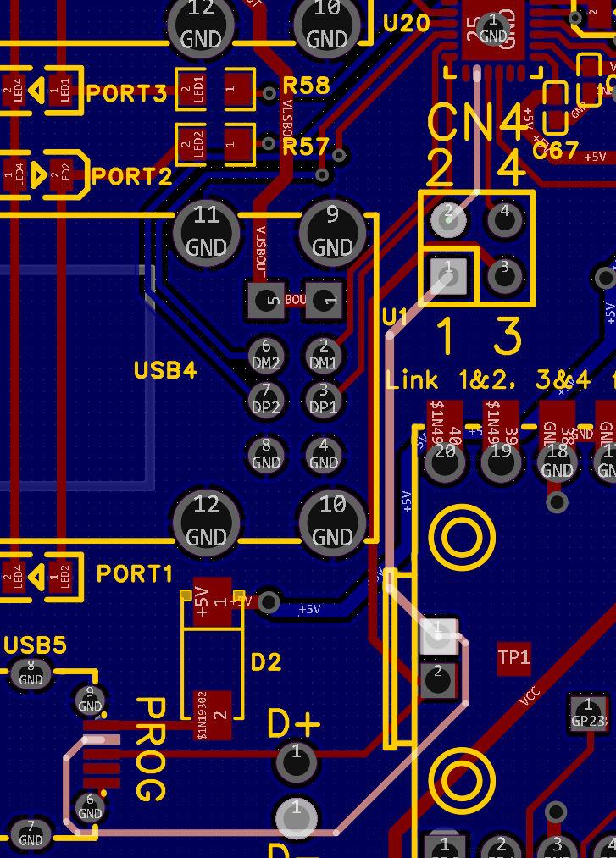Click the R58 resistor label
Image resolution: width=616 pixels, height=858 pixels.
pyautogui.click(x=306, y=86)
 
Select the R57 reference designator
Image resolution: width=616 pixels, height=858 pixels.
pyautogui.click(x=305, y=147)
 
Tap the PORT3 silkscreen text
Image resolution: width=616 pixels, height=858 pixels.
pyautogui.click(x=127, y=93)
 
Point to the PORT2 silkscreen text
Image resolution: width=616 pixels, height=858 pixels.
pyautogui.click(x=131, y=176)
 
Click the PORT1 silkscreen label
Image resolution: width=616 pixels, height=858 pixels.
pyautogui.click(x=135, y=573)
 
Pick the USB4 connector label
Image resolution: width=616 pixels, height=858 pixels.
pyautogui.click(x=165, y=370)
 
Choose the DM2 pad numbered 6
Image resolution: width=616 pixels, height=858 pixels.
pyautogui.click(x=266, y=354)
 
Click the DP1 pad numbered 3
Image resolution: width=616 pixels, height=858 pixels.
pyautogui.click(x=324, y=398)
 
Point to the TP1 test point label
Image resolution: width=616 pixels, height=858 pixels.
pyautogui.click(x=514, y=657)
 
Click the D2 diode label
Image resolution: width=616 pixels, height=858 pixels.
pyautogui.click(x=266, y=661)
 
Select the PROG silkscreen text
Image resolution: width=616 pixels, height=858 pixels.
pyautogui.click(x=150, y=749)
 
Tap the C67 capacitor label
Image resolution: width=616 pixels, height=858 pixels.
pyautogui.click(x=555, y=152)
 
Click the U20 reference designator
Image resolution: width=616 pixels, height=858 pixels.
pyautogui.click(x=407, y=23)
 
